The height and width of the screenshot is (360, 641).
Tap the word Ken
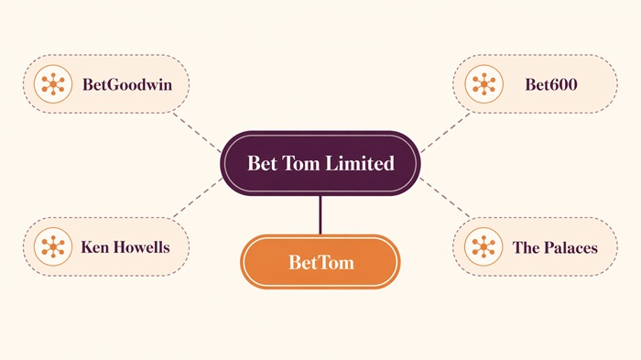click(x=94, y=247)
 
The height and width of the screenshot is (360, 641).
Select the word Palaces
click(x=568, y=247)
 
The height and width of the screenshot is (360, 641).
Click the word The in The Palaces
click(x=526, y=247)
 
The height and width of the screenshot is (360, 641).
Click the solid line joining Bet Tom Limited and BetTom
click(x=320, y=215)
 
